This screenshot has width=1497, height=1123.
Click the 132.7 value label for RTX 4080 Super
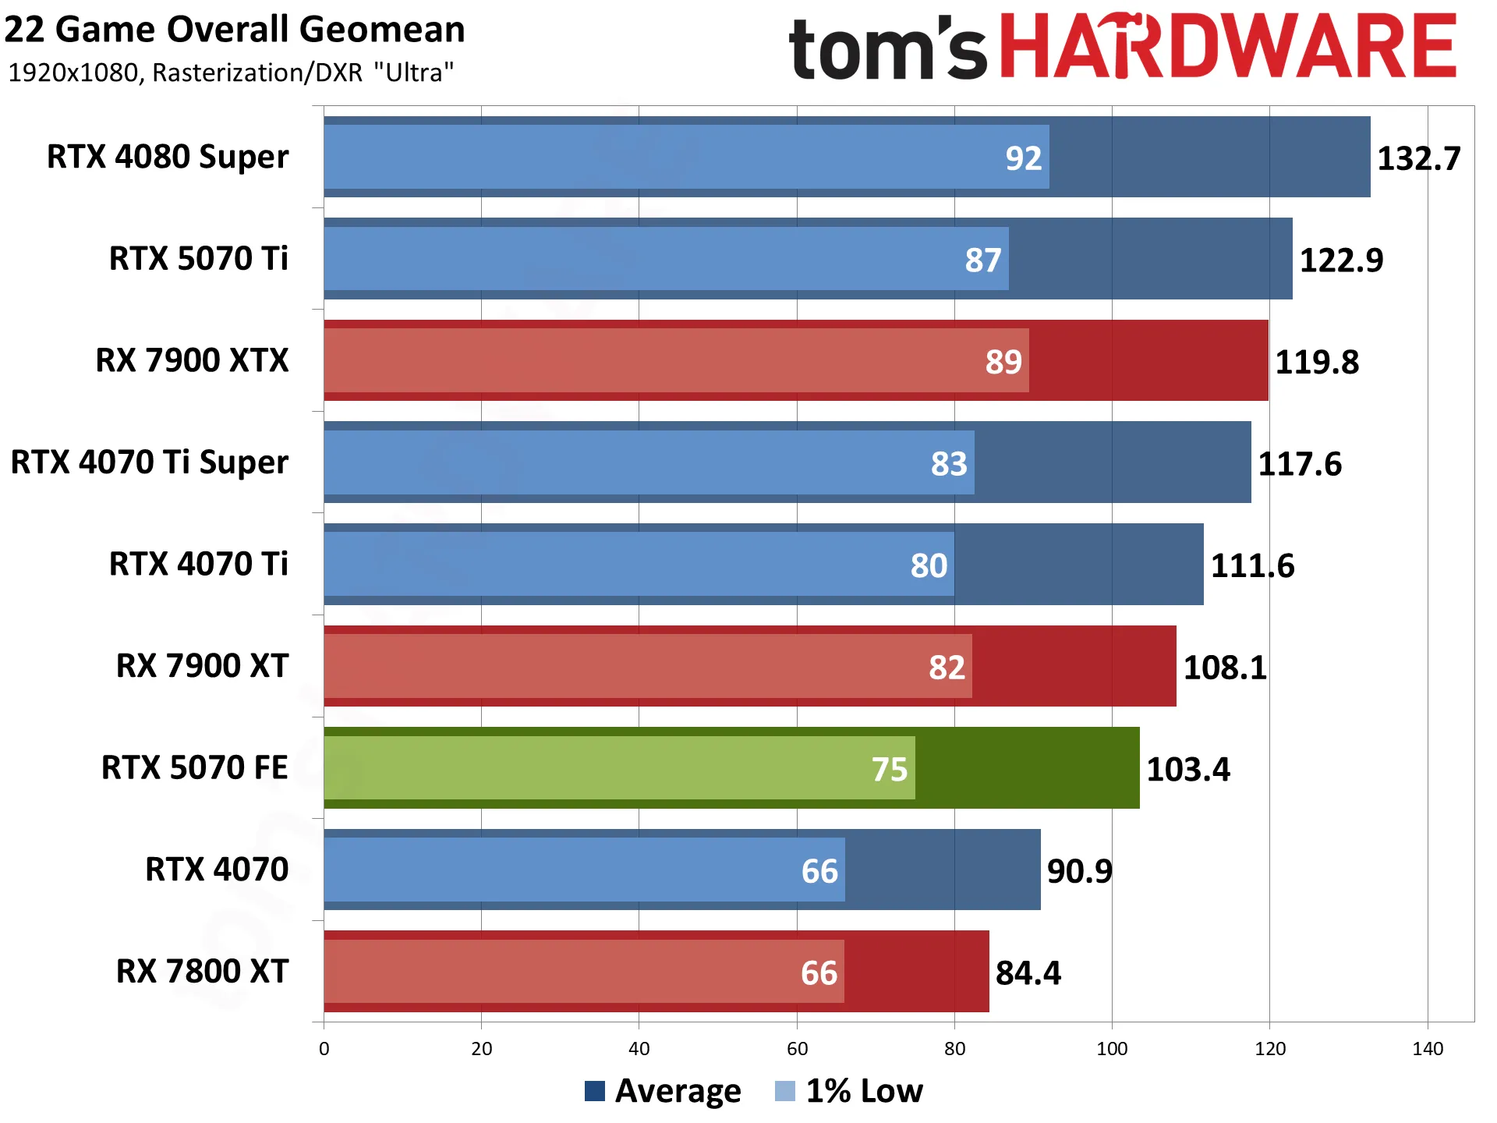(1418, 158)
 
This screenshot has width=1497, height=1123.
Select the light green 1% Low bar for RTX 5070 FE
(619, 768)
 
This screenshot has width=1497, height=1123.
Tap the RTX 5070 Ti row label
(198, 258)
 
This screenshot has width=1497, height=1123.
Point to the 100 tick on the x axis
(1112, 1049)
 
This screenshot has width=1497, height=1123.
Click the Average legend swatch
(595, 1091)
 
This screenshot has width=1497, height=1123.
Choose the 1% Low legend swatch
(785, 1091)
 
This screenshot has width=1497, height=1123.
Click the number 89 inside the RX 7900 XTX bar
(1003, 362)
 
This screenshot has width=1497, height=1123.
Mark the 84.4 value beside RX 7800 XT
(1028, 973)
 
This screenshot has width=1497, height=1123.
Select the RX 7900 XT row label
(202, 666)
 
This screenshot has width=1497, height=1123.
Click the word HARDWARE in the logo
(1228, 46)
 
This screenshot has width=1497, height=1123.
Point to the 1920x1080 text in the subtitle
(73, 73)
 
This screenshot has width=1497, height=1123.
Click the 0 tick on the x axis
(324, 1049)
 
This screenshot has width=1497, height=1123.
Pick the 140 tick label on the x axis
(1428, 1049)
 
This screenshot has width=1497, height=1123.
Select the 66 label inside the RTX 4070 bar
(819, 871)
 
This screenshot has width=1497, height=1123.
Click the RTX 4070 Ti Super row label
(149, 462)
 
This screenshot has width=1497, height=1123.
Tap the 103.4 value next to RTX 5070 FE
(1188, 770)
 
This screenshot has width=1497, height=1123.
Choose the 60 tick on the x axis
(797, 1049)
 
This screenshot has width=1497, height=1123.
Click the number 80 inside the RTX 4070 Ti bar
(929, 566)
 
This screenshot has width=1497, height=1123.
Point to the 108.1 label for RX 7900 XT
(1225, 668)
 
